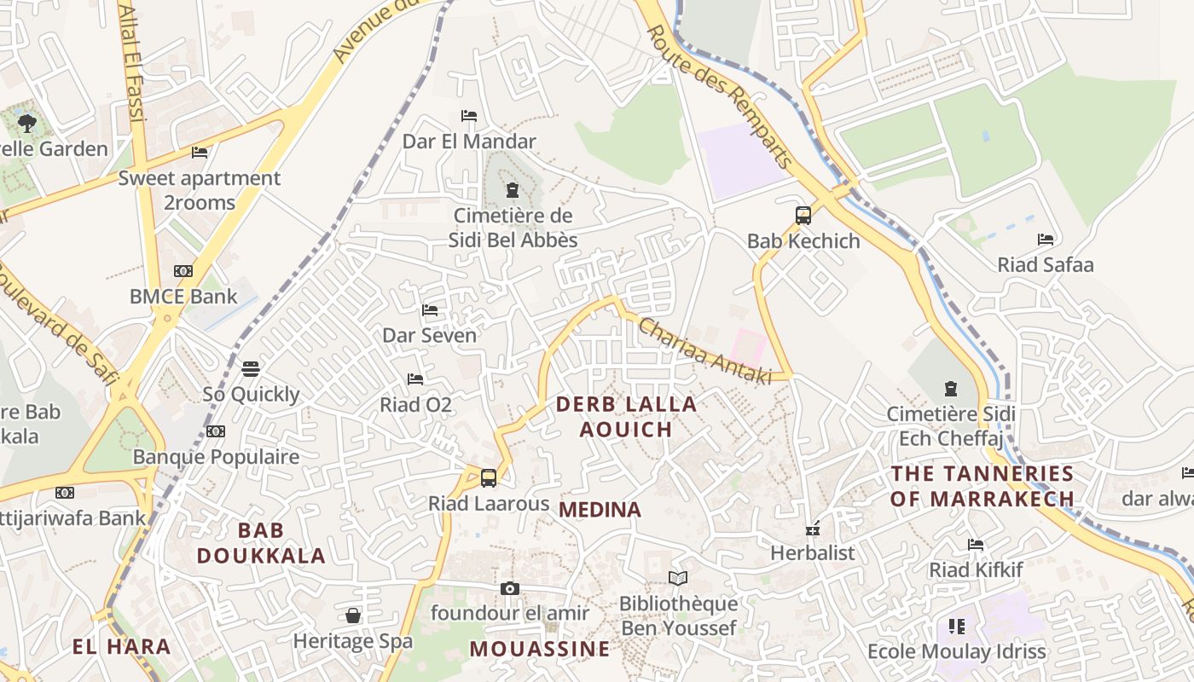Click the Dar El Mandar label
pyautogui.click(x=469, y=142)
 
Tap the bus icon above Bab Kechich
pyautogui.click(x=803, y=216)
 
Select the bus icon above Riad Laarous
pyautogui.click(x=489, y=478)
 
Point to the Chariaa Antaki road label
pyautogui.click(x=704, y=351)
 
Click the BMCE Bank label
pyautogui.click(x=183, y=297)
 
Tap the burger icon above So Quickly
pyautogui.click(x=250, y=369)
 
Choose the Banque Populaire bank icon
pyautogui.click(x=216, y=432)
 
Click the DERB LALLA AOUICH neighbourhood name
pyautogui.click(x=627, y=416)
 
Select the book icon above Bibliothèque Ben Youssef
pyautogui.click(x=678, y=579)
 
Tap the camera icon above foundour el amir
pyautogui.click(x=510, y=588)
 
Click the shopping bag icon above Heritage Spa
pyautogui.click(x=353, y=616)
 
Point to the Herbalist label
pyautogui.click(x=812, y=552)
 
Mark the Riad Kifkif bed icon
pyautogui.click(x=976, y=545)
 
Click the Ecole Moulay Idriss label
pyautogui.click(x=956, y=652)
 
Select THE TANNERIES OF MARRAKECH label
pyautogui.click(x=982, y=486)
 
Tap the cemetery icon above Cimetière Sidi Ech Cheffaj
pyautogui.click(x=951, y=390)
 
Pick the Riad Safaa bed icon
pyautogui.click(x=1046, y=240)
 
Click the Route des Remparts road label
pyautogui.click(x=721, y=95)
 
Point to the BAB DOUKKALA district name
pyautogui.click(x=261, y=543)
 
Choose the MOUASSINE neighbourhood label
pyautogui.click(x=540, y=649)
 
